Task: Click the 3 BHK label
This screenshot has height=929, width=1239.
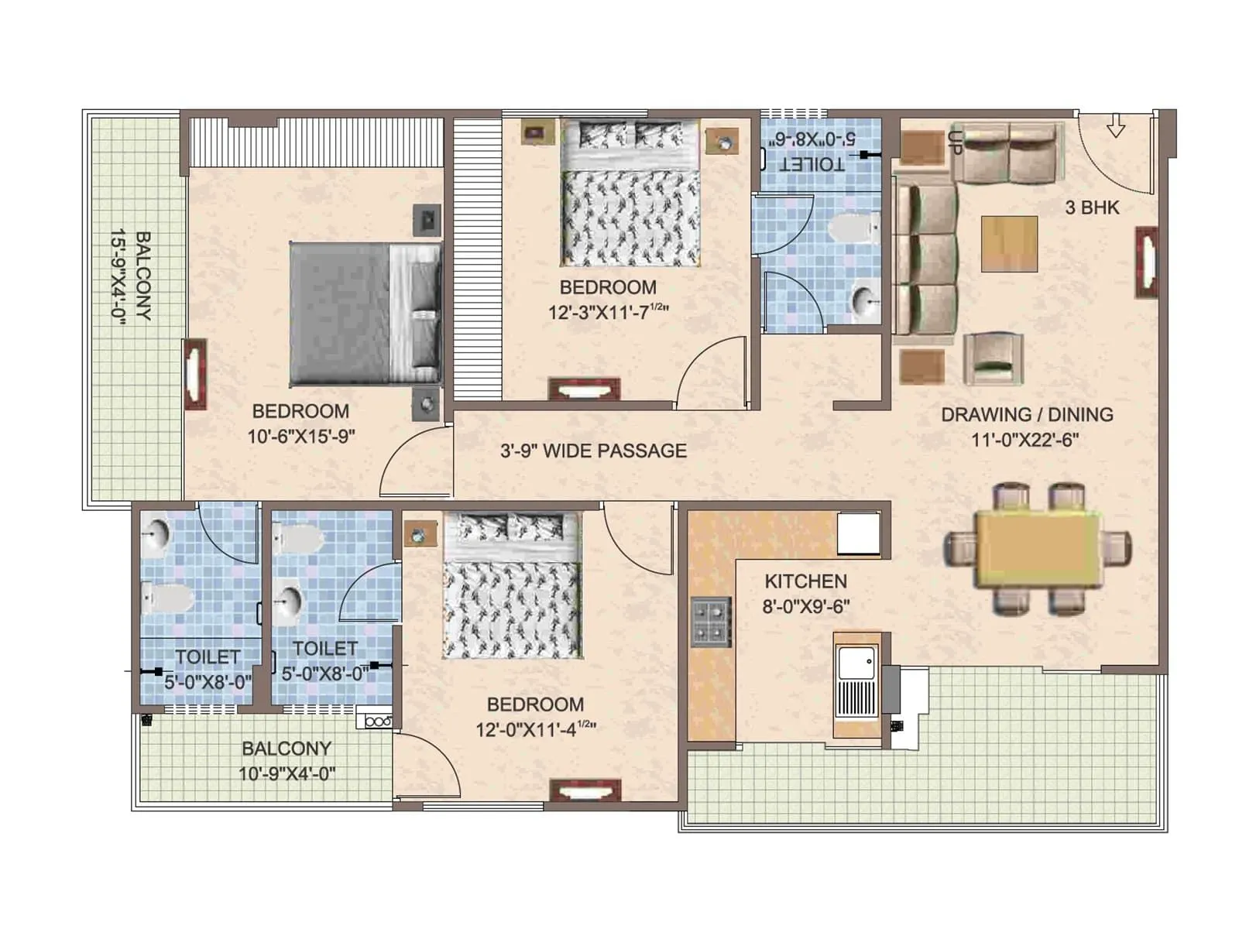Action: (1092, 207)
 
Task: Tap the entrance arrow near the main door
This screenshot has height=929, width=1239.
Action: (1115, 125)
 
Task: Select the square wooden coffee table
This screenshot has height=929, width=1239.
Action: (1009, 244)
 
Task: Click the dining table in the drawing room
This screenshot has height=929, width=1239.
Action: (1038, 550)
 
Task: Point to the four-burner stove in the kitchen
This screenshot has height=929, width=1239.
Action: (711, 622)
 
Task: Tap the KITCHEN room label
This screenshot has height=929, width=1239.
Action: (805, 581)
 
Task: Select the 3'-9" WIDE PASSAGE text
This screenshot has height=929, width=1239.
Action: (593, 451)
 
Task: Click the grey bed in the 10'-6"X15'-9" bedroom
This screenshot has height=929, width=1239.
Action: (364, 314)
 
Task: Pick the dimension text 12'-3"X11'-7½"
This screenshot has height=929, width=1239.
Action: (608, 312)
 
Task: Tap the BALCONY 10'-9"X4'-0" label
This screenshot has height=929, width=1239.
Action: (287, 760)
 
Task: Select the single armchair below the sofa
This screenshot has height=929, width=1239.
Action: (994, 358)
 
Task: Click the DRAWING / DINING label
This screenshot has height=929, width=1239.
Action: (1027, 414)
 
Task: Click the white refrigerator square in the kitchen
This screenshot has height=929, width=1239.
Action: (859, 533)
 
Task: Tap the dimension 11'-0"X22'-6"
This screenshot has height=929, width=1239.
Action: (1025, 440)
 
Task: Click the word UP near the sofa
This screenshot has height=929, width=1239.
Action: (954, 142)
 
